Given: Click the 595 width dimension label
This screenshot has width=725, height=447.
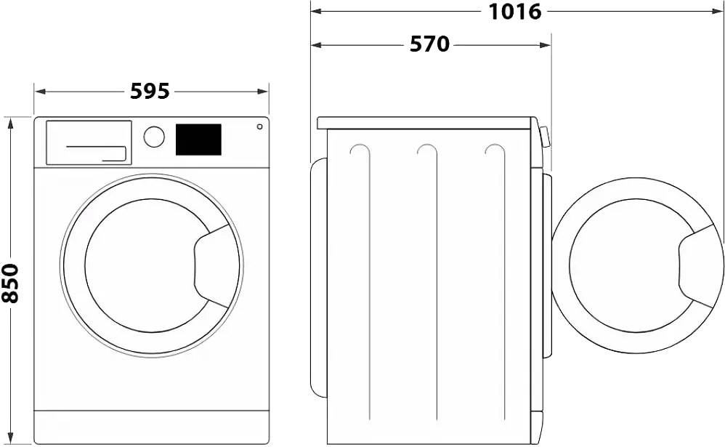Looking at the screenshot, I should (x=150, y=92).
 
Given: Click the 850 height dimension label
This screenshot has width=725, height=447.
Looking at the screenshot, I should (x=10, y=283).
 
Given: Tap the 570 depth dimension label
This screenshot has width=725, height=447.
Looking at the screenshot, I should (x=429, y=44).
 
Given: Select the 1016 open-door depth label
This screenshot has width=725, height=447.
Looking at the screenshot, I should (x=515, y=12).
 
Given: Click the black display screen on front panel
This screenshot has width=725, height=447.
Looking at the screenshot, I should (x=198, y=140).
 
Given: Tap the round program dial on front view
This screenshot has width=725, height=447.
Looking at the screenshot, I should (x=154, y=137).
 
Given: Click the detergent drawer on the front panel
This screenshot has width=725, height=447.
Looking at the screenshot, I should (x=89, y=142).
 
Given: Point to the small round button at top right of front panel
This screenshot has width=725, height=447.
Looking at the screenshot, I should (x=259, y=127).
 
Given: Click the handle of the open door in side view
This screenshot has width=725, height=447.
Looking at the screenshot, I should (x=699, y=266).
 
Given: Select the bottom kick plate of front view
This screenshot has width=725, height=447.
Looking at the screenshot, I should (x=151, y=426).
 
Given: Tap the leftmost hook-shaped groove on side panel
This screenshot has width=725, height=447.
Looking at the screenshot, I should (x=360, y=150).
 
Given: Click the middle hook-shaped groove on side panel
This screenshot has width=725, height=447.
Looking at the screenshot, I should (x=426, y=150).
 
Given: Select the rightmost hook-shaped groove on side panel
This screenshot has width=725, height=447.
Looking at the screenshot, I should (x=494, y=150).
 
